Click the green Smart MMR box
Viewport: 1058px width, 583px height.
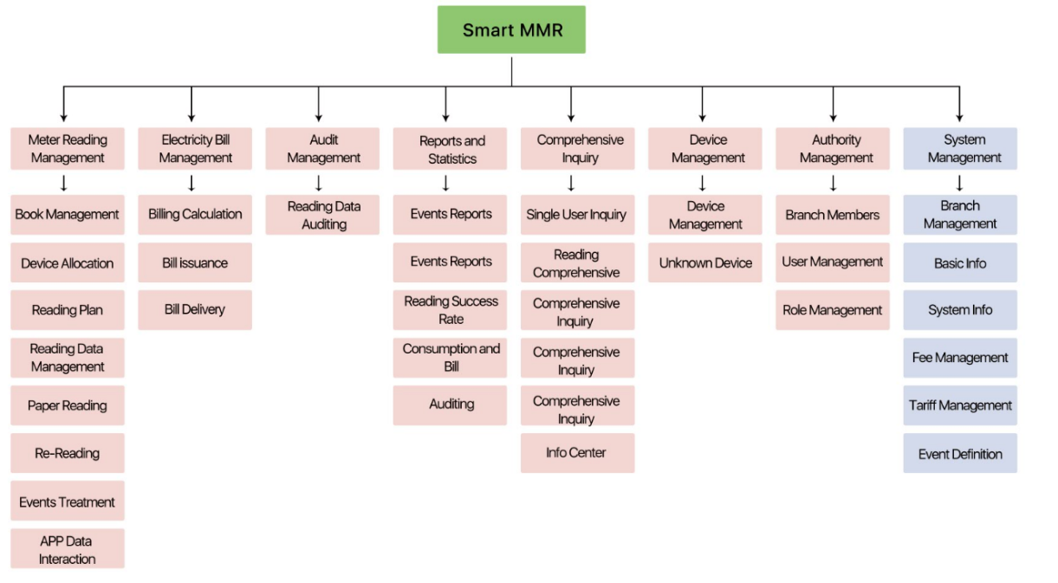[511, 29]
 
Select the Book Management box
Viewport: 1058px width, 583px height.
[68, 215]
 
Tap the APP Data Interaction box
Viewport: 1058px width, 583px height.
[68, 548]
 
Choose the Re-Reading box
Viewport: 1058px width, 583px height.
[68, 453]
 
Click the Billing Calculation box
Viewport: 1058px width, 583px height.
[195, 215]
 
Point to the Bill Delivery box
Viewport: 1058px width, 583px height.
[195, 309]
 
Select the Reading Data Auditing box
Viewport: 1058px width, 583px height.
[322, 215]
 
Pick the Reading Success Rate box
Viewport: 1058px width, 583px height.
[450, 309]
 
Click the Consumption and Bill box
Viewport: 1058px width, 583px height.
[450, 358]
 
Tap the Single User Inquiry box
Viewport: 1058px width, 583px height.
[578, 215]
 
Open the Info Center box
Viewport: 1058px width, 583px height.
[578, 453]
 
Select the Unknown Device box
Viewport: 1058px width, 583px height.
[705, 262]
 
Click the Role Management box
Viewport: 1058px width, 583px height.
[833, 309]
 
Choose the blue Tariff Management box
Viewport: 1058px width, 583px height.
[960, 405]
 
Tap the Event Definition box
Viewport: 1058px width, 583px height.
[960, 453]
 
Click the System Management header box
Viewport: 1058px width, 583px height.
[960, 148]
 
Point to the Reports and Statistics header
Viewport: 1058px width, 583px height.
[450, 148]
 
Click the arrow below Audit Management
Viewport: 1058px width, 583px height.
[318, 183]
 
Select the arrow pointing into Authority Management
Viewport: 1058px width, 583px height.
[834, 104]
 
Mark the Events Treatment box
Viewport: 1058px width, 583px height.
[68, 501]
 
